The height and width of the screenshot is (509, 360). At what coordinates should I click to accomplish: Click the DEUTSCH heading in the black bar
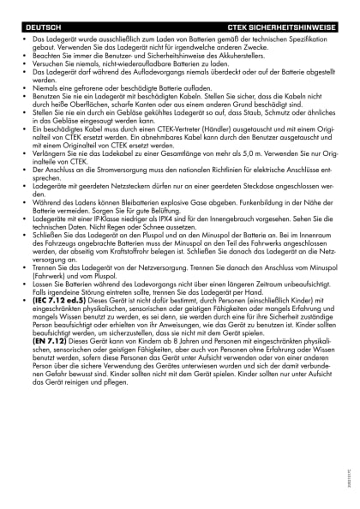pos(43,28)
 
